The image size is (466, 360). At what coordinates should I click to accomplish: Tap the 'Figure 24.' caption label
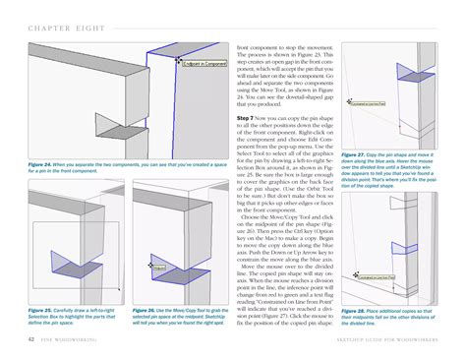click(42, 163)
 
